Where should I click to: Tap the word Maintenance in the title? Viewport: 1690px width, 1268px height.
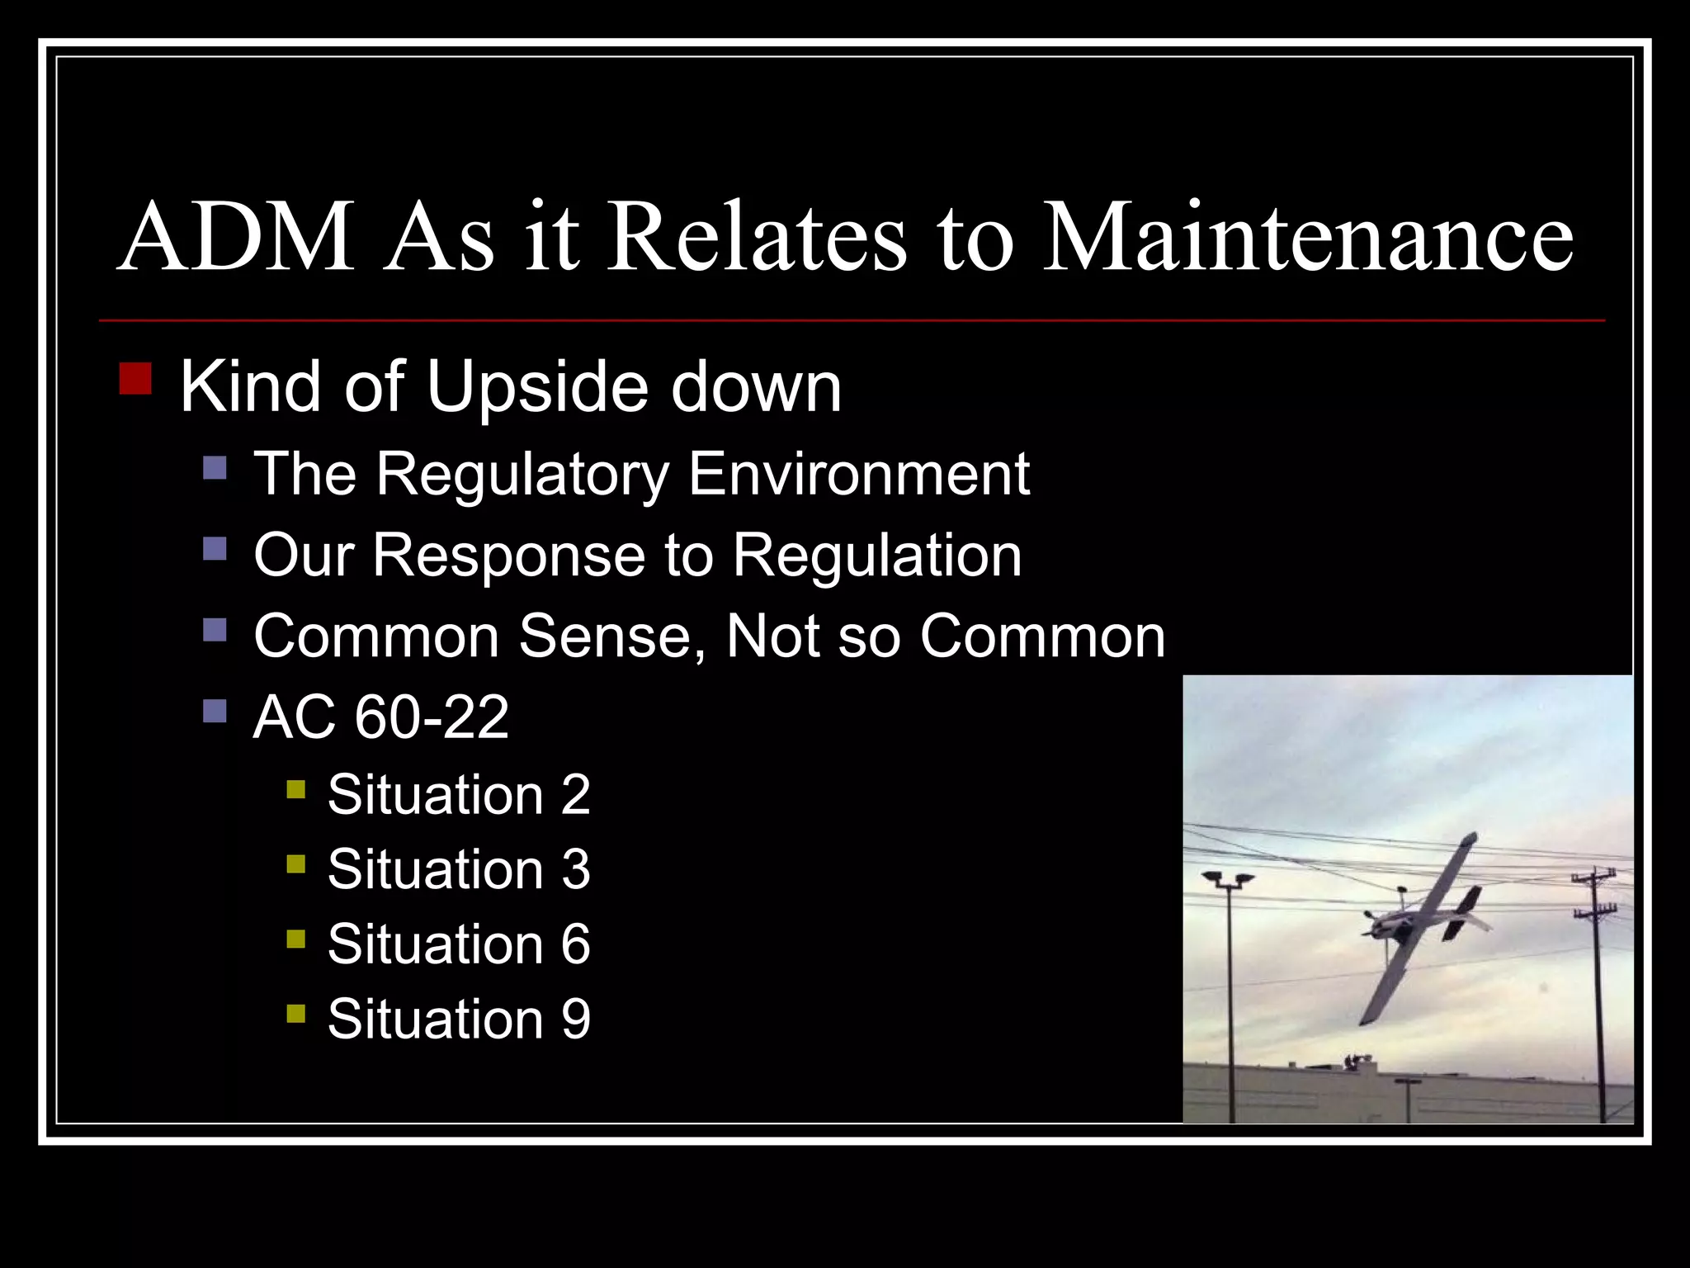1307,239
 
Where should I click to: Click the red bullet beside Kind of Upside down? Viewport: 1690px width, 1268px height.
135,378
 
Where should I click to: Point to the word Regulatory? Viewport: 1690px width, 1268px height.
522,475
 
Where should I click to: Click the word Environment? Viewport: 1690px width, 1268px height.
858,475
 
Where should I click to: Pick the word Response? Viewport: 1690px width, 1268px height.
508,556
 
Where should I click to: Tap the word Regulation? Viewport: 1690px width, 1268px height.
877,556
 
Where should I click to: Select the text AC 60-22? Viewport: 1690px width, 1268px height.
380,717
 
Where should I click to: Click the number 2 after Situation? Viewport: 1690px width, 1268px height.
575,796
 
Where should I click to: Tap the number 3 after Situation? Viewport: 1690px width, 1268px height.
575,870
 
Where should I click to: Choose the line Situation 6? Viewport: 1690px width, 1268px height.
459,944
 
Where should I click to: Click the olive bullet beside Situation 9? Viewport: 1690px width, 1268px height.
296,1013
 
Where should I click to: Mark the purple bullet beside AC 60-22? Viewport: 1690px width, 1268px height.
215,711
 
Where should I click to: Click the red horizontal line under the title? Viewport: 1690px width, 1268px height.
852,320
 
